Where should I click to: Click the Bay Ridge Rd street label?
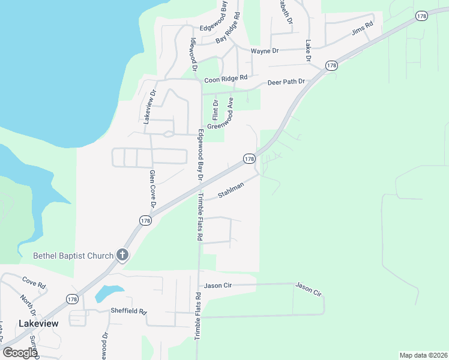(229, 28)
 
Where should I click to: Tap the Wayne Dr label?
(265, 51)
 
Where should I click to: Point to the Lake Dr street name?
(309, 50)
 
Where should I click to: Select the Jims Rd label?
(363, 28)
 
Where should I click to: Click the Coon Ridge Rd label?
(226, 79)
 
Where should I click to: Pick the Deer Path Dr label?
(286, 82)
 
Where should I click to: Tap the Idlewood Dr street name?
(193, 54)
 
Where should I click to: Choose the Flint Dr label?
(215, 109)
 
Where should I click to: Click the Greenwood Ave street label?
(220, 114)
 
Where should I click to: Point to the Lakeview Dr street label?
(149, 106)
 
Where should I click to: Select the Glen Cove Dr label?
(152, 189)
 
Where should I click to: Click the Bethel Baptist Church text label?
(73, 256)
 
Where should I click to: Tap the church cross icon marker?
(122, 256)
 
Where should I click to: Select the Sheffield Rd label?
(128, 311)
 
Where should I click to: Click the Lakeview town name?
(38, 323)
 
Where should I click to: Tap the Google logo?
(20, 352)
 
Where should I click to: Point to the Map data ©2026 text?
(423, 355)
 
